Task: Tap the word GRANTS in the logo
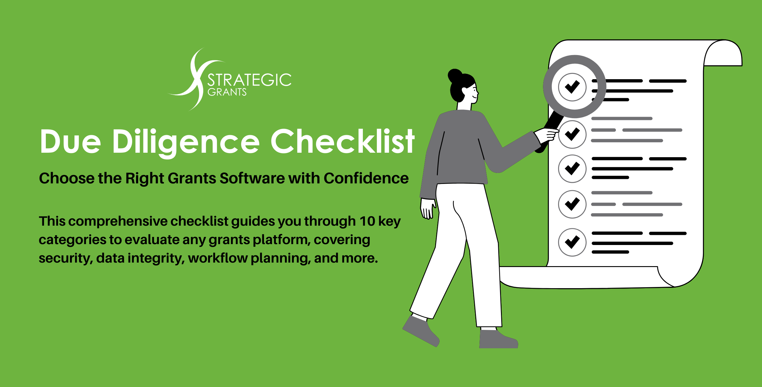pyautogui.click(x=227, y=92)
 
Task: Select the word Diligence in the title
pyautogui.click(x=186, y=142)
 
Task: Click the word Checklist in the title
pyautogui.click(x=342, y=141)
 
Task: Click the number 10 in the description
pyautogui.click(x=367, y=221)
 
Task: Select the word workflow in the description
pyautogui.click(x=218, y=258)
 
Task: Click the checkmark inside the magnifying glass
pyautogui.click(x=572, y=87)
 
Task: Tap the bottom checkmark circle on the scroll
pyautogui.click(x=572, y=242)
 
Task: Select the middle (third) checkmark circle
pyautogui.click(x=572, y=169)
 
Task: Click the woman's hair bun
pyautogui.click(x=455, y=76)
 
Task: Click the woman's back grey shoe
pyautogui.click(x=421, y=330)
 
